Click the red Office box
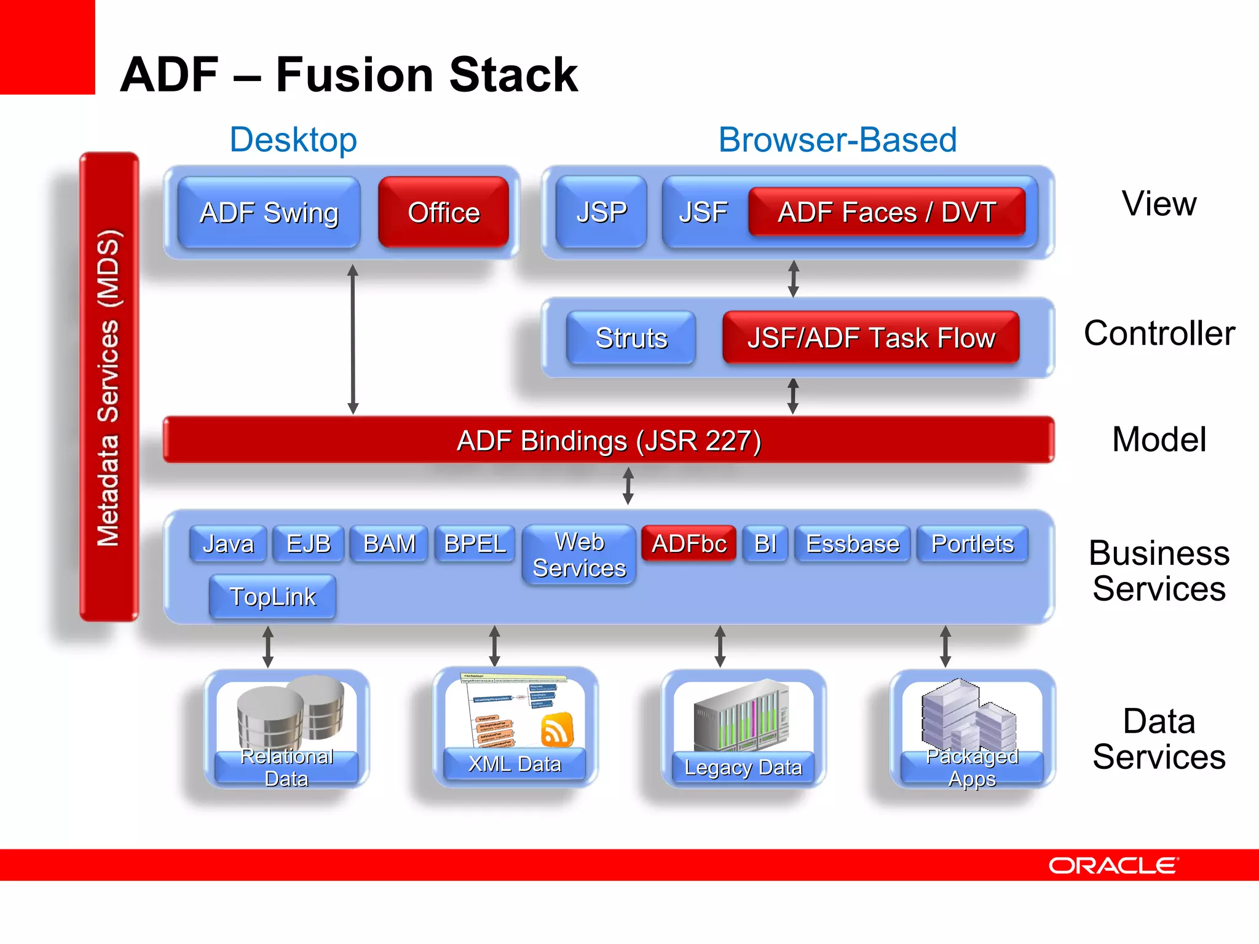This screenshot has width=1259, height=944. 443,213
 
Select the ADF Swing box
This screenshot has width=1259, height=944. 269,213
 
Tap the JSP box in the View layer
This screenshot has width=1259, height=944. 601,213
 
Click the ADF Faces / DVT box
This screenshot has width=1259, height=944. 886,213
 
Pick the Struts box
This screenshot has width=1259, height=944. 631,338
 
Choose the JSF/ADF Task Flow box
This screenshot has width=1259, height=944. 870,338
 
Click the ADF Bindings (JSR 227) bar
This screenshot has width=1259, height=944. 609,440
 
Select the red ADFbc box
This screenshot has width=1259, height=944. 689,543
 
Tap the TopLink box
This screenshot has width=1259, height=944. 272,597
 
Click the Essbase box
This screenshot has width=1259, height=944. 852,543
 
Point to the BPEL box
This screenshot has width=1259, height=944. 475,543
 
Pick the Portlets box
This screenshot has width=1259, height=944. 972,543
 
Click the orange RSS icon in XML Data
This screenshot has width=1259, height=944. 557,730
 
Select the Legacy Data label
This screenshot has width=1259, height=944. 743,768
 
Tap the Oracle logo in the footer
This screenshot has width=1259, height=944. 1113,865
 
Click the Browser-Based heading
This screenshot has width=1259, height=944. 837,140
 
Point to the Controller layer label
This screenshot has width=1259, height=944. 1159,333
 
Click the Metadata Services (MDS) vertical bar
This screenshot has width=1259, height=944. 109,387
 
